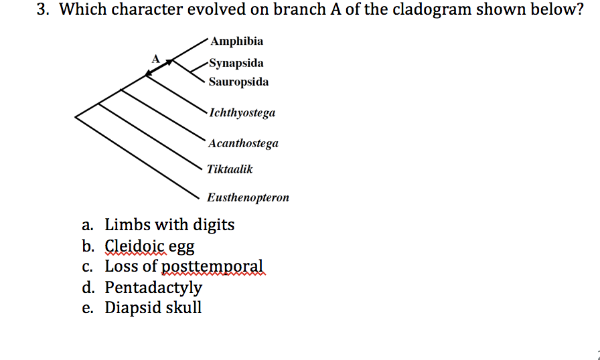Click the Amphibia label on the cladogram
pos(236,41)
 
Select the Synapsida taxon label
pos(236,64)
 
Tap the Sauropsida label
pos(238,82)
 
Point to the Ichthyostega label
pos(242,112)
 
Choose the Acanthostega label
pos(243,143)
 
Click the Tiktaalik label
pos(230,169)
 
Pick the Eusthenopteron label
pos(248,197)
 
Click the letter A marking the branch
pos(155,58)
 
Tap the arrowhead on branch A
pos(169,62)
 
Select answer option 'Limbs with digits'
pos(169,224)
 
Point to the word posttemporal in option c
pos(214,266)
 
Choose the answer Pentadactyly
pos(153,288)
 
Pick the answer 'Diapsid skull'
pos(153,308)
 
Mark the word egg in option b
pos(181,247)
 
